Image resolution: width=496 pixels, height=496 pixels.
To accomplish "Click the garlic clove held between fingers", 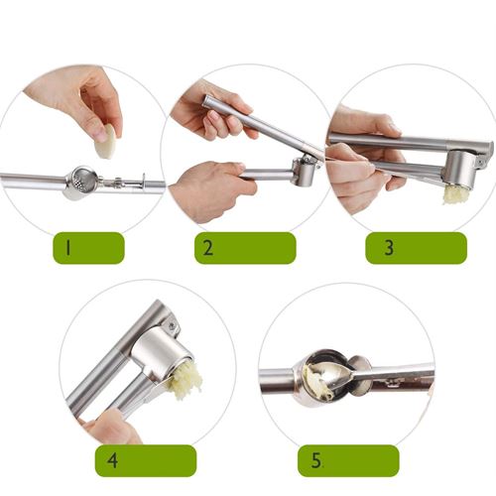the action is click(x=107, y=142).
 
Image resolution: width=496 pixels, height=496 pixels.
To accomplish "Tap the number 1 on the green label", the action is click(x=67, y=248).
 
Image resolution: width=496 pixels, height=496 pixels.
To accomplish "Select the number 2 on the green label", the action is click(x=207, y=248).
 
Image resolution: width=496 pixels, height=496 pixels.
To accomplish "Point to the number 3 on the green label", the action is click(x=389, y=248).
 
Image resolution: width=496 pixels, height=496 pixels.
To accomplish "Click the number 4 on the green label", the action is click(x=112, y=460).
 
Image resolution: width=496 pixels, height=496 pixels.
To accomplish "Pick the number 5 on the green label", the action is click(x=315, y=460).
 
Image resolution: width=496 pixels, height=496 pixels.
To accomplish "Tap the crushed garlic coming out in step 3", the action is click(x=456, y=194).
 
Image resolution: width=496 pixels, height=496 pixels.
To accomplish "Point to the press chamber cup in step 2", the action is click(x=304, y=172).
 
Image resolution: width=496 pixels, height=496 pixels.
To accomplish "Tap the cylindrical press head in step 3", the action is click(x=461, y=170).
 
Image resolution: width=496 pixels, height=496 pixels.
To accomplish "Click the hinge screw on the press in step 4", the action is click(x=172, y=326).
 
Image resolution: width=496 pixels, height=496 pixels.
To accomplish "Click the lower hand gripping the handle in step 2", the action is click(x=211, y=191).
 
